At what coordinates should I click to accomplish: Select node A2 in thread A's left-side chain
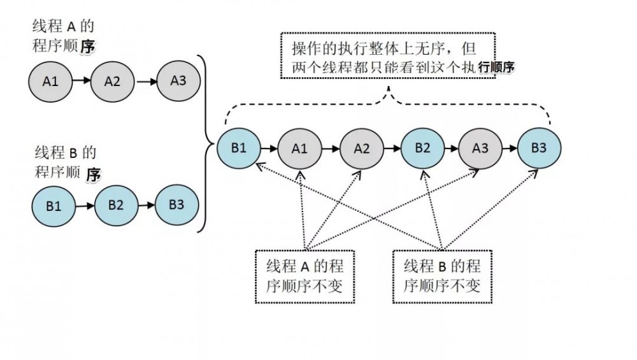click(x=112, y=82)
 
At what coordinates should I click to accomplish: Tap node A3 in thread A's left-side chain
click(x=178, y=80)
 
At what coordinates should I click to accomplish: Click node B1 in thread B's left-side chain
click(x=54, y=207)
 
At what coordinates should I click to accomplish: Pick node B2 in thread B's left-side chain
click(x=115, y=205)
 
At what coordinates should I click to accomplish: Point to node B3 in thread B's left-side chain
click(x=176, y=205)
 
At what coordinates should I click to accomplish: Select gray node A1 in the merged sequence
click(x=299, y=148)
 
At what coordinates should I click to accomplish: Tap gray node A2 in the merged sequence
click(x=361, y=148)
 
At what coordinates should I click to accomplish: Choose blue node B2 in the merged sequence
click(x=422, y=148)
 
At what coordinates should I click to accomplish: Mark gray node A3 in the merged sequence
click(x=480, y=148)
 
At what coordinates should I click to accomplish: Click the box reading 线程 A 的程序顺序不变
click(x=304, y=276)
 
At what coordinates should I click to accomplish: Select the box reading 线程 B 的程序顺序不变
click(x=442, y=276)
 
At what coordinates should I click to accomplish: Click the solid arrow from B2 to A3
click(x=451, y=148)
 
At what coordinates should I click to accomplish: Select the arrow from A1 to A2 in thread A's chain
click(x=81, y=82)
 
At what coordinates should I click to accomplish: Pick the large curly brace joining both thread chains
click(x=204, y=143)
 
